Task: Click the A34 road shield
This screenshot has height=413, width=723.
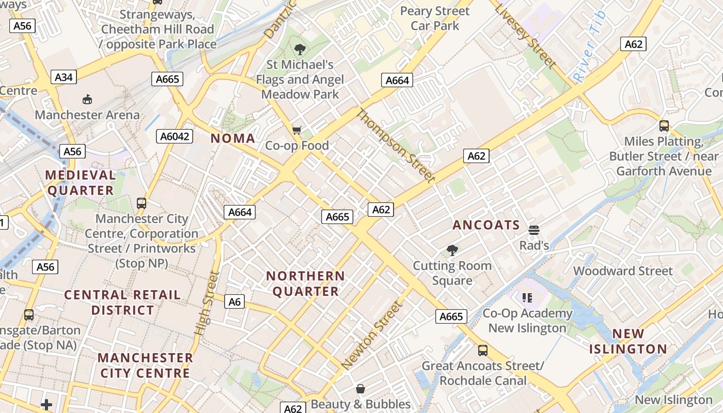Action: coord(64,77)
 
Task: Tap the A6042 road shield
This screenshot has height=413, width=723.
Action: coord(175,136)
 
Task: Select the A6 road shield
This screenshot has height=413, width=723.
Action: coord(234,301)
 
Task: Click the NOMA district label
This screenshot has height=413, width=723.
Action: coord(232,138)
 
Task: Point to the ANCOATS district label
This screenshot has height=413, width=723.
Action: coord(486,225)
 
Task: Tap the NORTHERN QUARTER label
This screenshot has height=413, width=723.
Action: coord(305,283)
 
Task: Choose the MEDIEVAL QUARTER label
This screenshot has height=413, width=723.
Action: coord(80,183)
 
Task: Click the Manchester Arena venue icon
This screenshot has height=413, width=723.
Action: coord(87,99)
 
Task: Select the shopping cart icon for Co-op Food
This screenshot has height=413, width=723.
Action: coord(296,130)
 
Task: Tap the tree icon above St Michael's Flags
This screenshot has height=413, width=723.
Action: coord(300,50)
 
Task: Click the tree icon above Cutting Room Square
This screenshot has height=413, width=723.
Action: coord(452,250)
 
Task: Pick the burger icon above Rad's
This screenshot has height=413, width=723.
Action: coord(533,230)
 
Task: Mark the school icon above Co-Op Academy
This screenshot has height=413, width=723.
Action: coord(527,297)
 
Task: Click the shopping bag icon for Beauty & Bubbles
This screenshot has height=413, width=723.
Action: coord(360,389)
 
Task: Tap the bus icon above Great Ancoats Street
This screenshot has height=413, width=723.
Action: coord(482,351)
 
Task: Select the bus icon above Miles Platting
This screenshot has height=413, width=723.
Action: coord(664,125)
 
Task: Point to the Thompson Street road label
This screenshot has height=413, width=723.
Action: coord(396,146)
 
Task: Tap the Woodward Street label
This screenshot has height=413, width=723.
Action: coord(623,271)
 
